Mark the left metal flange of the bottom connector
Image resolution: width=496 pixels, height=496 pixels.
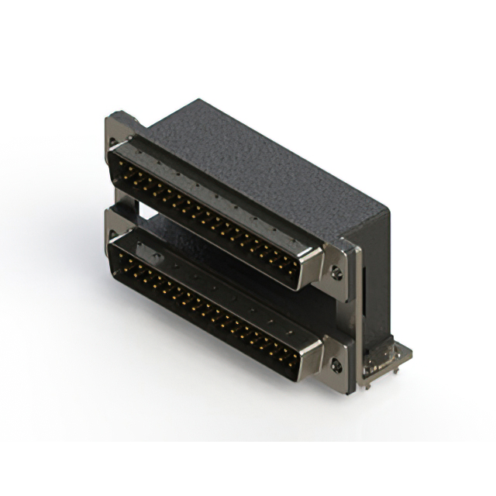[x=116, y=225]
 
